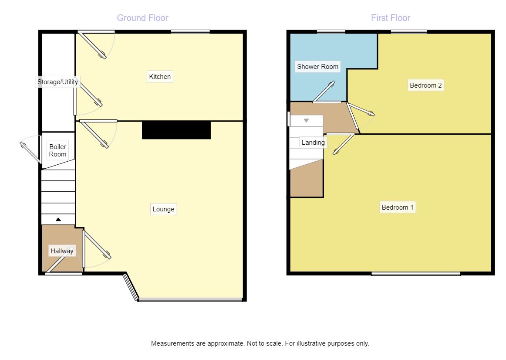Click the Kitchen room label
[160, 77]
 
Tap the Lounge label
[163, 209]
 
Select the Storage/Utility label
[57, 82]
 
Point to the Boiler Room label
[57, 150]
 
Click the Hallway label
[62, 251]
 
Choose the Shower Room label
[317, 67]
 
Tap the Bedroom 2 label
[425, 85]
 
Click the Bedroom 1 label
[397, 207]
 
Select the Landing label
[313, 143]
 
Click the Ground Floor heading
[142, 18]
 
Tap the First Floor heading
[390, 18]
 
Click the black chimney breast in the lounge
[176, 130]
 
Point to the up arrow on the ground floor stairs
[58, 219]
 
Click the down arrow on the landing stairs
[306, 120]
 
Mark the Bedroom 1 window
[415, 274]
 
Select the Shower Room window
[331, 32]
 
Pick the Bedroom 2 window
[408, 32]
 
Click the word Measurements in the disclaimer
[172, 343]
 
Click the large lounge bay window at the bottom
[190, 299]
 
